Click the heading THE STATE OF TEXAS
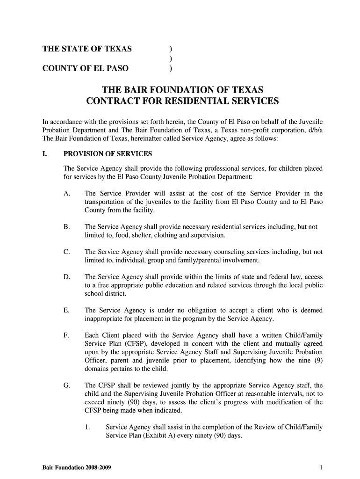[87, 49]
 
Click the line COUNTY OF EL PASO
[86, 69]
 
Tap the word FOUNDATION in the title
[183, 89]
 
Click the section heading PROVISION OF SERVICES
[107, 154]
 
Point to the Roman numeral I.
[45, 154]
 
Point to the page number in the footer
[322, 467]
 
